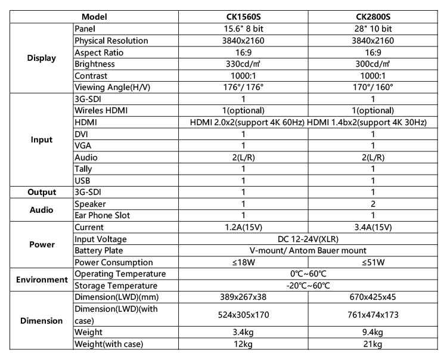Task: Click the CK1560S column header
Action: (243, 17)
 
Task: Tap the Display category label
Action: (42, 58)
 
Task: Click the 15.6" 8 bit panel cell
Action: (243, 29)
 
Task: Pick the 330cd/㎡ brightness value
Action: (243, 64)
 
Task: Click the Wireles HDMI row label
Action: (101, 110)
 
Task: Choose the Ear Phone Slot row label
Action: (103, 215)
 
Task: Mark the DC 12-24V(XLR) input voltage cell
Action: (308, 239)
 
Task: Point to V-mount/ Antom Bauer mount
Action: (308, 250)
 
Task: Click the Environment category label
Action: (42, 280)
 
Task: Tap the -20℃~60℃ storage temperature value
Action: (308, 285)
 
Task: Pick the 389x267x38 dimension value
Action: (243, 297)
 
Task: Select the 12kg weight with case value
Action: (243, 344)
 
